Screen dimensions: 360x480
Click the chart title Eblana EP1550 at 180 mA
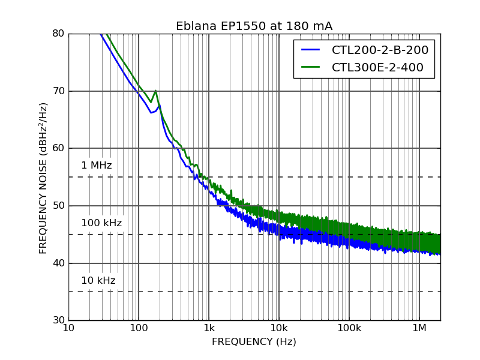click(x=254, y=26)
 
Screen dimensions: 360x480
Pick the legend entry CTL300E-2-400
click(x=377, y=68)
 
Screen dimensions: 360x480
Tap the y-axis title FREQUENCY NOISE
click(x=43, y=178)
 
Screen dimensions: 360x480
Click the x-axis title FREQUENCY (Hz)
click(x=254, y=342)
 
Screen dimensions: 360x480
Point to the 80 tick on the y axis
click(x=58, y=34)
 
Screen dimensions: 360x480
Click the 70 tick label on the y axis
click(x=58, y=91)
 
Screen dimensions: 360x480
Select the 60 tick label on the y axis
click(x=58, y=148)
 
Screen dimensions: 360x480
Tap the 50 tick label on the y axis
click(x=58, y=206)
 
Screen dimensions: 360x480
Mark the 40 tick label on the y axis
click(x=58, y=263)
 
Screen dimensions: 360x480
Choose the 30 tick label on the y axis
click(x=58, y=320)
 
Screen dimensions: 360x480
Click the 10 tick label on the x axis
click(x=68, y=328)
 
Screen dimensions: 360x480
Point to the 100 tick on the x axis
click(x=139, y=328)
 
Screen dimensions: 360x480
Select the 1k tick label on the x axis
click(x=209, y=328)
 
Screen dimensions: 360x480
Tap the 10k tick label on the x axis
click(x=279, y=328)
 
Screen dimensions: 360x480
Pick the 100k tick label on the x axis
click(x=349, y=328)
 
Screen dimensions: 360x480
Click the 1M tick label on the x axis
click(x=419, y=328)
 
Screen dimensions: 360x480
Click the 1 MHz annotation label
click(x=97, y=166)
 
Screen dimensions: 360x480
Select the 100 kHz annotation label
click(x=101, y=223)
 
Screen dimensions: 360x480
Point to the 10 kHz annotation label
click(x=98, y=281)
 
